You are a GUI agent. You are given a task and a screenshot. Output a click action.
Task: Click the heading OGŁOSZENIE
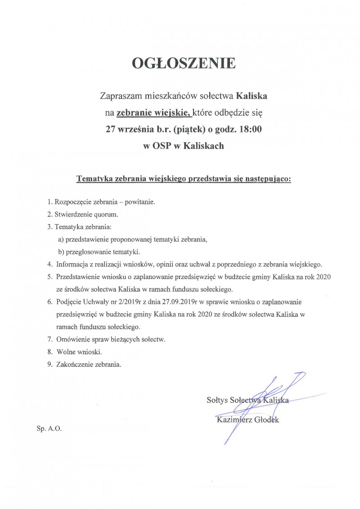tap(184, 63)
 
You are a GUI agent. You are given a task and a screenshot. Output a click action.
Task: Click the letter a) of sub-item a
tap(61, 239)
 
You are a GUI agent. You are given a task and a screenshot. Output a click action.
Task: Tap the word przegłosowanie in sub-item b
tap(87, 251)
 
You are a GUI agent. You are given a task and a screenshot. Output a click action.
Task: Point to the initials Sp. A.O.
tap(49, 428)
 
